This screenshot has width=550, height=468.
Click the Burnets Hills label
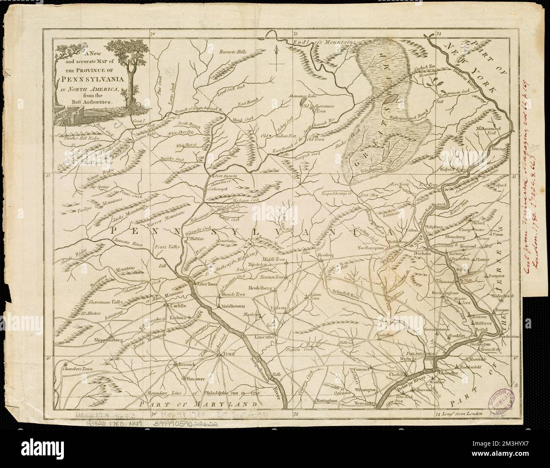point(232,52)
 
